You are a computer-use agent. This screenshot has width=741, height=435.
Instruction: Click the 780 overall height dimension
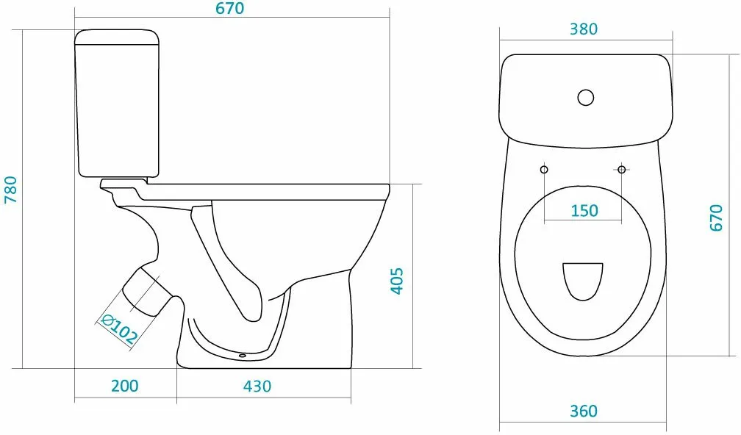10,190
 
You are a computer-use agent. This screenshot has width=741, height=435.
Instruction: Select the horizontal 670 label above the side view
230,9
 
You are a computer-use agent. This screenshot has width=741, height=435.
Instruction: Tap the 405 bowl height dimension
397,281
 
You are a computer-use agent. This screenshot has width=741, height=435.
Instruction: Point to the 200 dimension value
125,386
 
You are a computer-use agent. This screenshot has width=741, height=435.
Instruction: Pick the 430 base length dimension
257,386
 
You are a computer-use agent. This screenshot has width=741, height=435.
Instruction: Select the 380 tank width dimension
584,29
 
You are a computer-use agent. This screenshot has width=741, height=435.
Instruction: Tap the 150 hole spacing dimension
584,210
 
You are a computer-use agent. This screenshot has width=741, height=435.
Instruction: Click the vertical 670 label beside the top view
717,217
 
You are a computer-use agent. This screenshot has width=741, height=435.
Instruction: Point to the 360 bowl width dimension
584,411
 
